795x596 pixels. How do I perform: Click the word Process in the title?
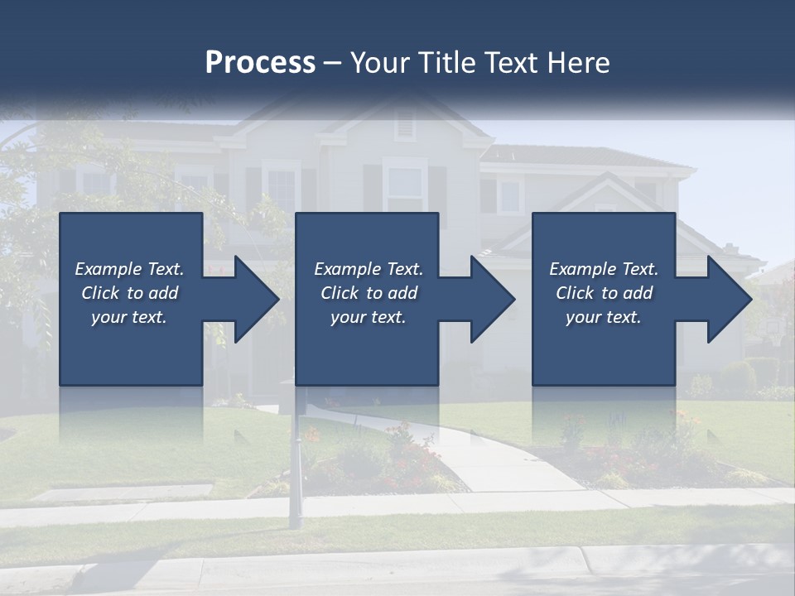(x=260, y=63)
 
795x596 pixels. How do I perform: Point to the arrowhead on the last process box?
(x=728, y=299)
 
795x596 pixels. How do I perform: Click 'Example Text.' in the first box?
(x=129, y=269)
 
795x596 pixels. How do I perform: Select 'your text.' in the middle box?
(x=368, y=317)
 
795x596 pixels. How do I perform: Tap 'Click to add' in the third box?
(x=604, y=293)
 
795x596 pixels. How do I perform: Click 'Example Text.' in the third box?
(x=604, y=269)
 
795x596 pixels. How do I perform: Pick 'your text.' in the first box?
(x=129, y=317)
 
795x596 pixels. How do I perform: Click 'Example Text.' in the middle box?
(x=368, y=269)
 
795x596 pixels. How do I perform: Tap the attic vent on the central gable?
(x=404, y=124)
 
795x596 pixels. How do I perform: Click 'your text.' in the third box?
(x=604, y=317)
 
